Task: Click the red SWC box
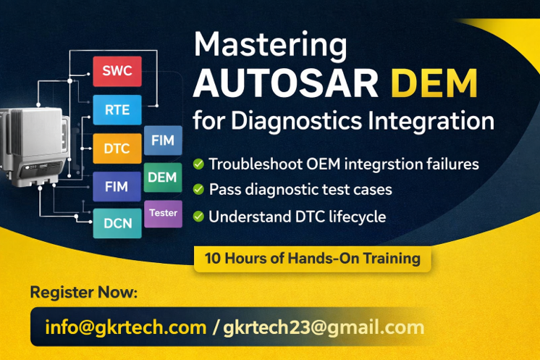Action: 117,71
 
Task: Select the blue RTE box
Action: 117,110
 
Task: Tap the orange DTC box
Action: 117,149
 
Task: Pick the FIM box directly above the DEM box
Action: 163,140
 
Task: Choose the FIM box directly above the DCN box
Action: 117,186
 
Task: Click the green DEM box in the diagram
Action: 163,177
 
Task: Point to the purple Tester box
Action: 163,214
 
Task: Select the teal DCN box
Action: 117,223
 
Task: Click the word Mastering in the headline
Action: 269,45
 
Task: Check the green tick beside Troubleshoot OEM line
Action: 198,164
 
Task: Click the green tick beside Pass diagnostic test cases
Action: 198,190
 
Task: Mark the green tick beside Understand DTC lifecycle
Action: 198,216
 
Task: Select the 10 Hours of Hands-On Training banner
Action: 312,258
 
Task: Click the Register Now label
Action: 83,293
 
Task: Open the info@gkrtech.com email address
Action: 125,327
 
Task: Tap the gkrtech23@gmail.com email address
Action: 324,327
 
